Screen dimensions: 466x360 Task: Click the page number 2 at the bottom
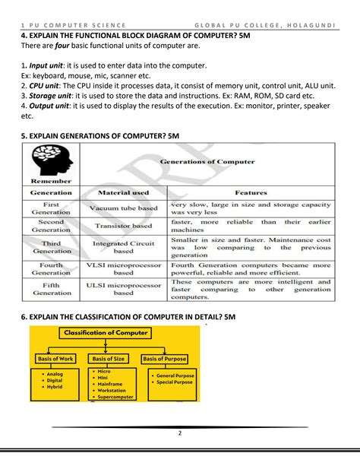tap(180, 434)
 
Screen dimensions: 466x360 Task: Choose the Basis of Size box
tap(111, 358)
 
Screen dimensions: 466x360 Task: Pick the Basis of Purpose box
tap(164, 358)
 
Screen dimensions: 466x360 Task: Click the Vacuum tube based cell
tap(123, 207)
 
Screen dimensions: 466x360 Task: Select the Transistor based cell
tap(123, 227)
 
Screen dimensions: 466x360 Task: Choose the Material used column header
tap(123, 192)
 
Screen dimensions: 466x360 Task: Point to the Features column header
tap(251, 192)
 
